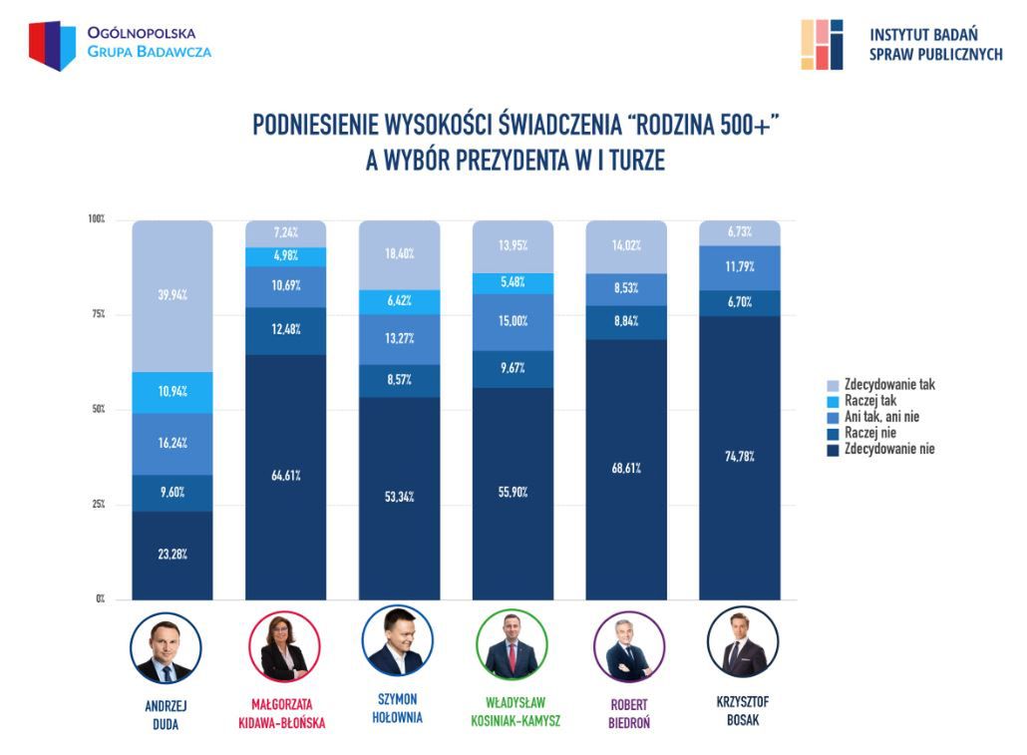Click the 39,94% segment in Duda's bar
tap(171, 295)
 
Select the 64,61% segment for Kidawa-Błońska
tap(285, 477)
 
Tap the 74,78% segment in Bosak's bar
tap(740, 457)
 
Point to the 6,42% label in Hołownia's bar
tap(399, 299)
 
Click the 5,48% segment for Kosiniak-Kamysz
tap(513, 283)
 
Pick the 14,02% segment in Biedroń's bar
tap(626, 247)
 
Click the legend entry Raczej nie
tap(868, 433)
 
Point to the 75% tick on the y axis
tap(99, 314)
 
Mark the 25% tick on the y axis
tap(99, 505)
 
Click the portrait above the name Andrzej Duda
tap(166, 648)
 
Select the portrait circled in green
tap(513, 644)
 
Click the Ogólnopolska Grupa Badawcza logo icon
tap(52, 45)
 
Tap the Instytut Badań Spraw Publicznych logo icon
tap(822, 44)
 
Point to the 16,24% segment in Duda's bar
tap(171, 443)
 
